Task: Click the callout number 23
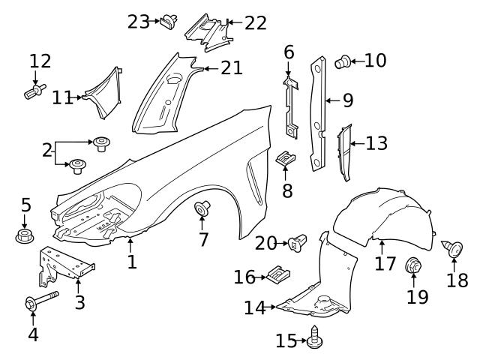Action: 139,22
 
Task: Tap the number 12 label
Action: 40,61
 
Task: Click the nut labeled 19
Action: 412,265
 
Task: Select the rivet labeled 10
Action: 343,62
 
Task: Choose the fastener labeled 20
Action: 298,242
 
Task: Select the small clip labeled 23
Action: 169,21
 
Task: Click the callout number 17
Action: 385,263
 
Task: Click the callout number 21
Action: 232,68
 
